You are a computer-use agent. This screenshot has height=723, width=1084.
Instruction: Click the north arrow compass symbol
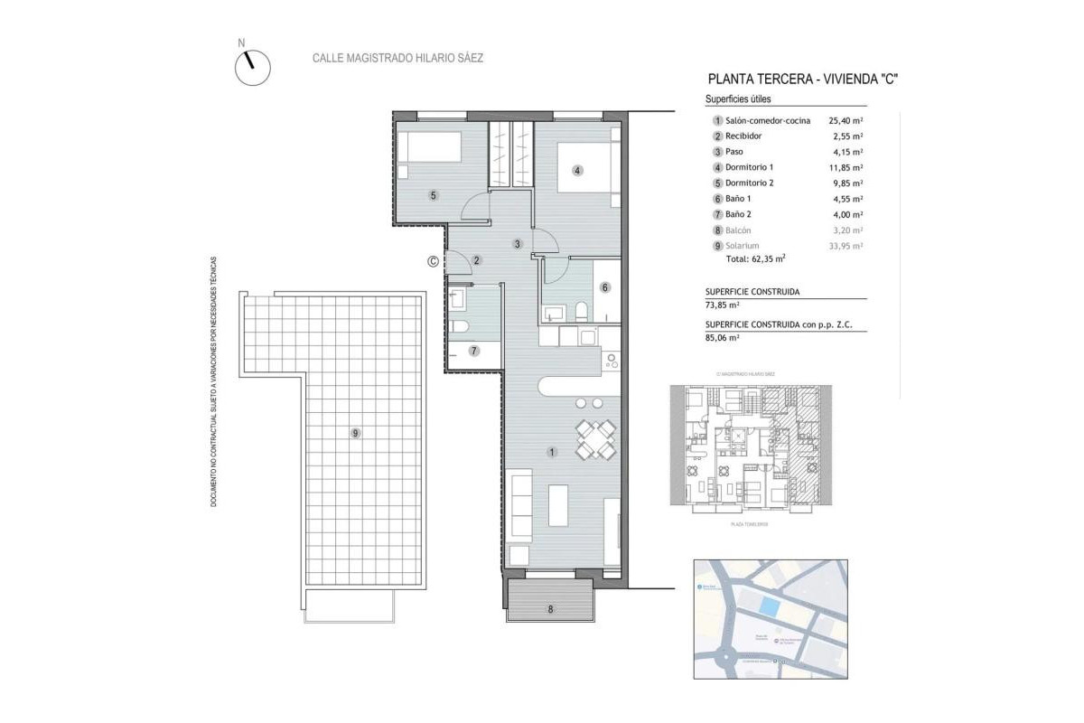tap(253, 67)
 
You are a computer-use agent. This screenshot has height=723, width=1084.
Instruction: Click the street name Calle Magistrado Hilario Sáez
tap(397, 58)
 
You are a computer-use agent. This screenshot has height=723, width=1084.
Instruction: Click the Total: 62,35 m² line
tap(755, 258)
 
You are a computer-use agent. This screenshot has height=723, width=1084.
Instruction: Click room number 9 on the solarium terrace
tap(355, 434)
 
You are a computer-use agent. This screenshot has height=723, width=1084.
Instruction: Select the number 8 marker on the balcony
tap(549, 609)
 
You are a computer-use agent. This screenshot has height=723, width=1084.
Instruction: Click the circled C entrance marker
tap(433, 261)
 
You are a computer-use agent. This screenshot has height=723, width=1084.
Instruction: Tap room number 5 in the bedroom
tap(434, 195)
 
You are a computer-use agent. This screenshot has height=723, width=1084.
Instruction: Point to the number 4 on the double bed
tap(576, 168)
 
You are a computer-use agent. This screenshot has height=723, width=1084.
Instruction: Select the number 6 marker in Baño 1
tap(605, 287)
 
